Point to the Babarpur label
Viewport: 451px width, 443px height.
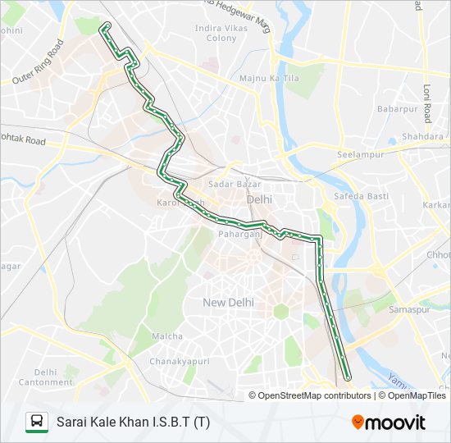[x=397, y=108]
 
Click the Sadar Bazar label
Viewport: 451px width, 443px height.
[x=229, y=184]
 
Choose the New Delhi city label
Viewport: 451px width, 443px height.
[x=229, y=303]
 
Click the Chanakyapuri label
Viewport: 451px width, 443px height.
[x=180, y=361]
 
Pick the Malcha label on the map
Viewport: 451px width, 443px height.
[x=167, y=336]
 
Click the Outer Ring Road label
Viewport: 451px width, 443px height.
[x=38, y=63]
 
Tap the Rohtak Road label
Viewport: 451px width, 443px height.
[x=22, y=140]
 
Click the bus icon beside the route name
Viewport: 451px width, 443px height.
[x=37, y=422]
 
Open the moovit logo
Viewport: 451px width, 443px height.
[x=389, y=422]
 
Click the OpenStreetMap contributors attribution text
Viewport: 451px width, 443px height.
[x=314, y=395]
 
